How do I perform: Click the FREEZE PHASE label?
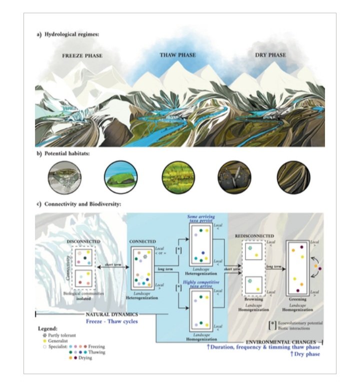[x=82, y=56]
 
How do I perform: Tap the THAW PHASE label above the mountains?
[x=177, y=54]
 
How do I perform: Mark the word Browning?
[x=253, y=299]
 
